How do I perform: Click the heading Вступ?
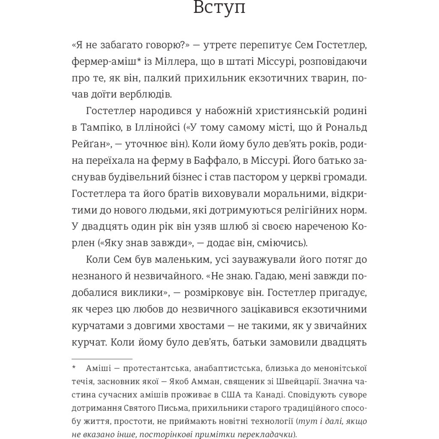tap(219, 8)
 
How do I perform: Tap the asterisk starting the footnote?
tap(73, 368)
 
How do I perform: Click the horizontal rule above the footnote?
tap(102, 358)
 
